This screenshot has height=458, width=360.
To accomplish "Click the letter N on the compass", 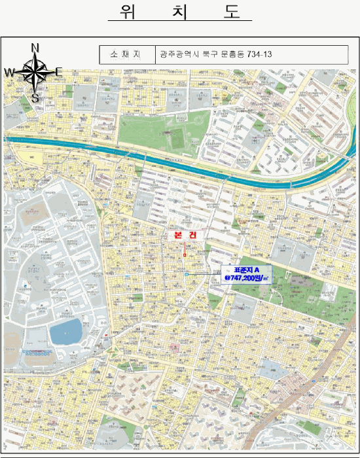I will [35, 47].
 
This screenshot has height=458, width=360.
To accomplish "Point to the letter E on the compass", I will [58, 71].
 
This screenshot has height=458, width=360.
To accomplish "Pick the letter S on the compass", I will [35, 98].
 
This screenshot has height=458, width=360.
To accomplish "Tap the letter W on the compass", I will [10, 72].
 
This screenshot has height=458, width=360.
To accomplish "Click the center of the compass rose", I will [35, 72].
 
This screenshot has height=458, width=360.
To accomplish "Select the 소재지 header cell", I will [128, 54].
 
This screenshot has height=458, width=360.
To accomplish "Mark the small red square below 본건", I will [185, 255].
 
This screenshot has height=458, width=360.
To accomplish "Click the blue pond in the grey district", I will [65, 332].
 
